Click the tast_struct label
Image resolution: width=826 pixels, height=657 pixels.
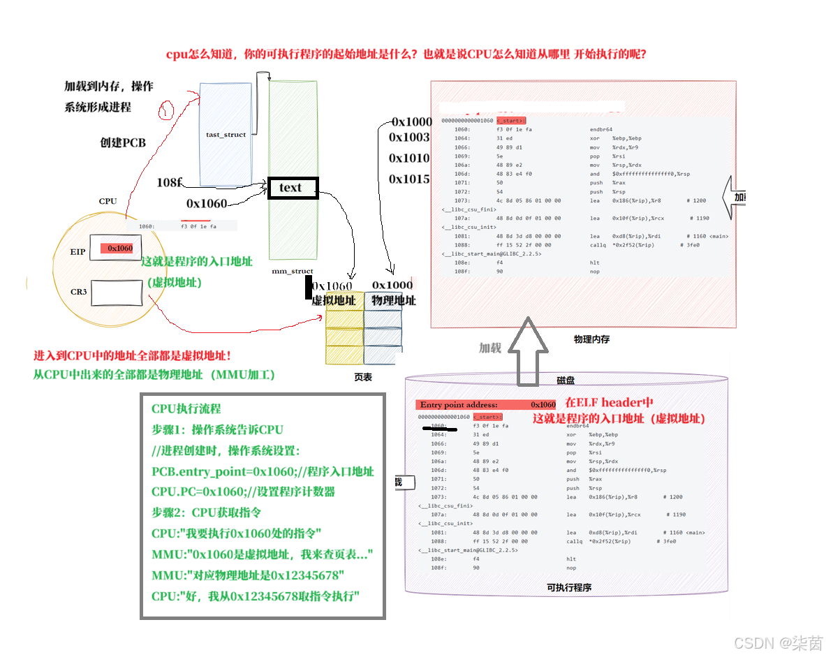[226, 135]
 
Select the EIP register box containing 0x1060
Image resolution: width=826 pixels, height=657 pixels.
[117, 249]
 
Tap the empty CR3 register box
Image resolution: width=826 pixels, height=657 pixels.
[117, 292]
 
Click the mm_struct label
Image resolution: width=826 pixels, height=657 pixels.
[293, 271]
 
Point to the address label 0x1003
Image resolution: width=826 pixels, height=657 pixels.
[409, 138]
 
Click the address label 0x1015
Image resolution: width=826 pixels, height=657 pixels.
[409, 179]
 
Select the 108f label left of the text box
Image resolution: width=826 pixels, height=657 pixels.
[170, 182]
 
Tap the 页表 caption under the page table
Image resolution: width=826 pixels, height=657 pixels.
[363, 376]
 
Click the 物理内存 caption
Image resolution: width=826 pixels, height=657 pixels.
[591, 339]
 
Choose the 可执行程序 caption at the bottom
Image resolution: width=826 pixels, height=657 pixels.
[569, 588]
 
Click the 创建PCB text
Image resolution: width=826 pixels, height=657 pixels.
[123, 142]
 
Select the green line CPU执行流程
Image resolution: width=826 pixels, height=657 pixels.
[186, 408]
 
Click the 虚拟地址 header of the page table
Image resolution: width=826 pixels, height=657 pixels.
[333, 301]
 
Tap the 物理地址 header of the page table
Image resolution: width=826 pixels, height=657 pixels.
[394, 301]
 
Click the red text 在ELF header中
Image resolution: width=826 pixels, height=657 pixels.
[609, 403]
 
